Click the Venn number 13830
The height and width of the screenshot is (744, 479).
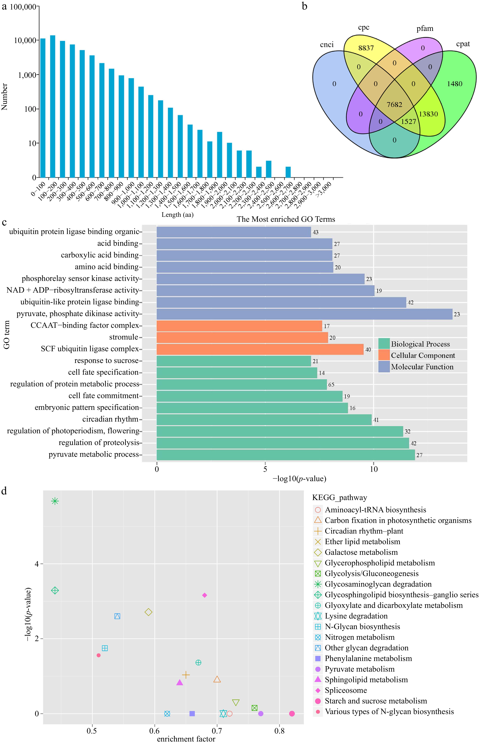point(428,114)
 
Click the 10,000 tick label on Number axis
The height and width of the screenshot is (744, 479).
point(25,40)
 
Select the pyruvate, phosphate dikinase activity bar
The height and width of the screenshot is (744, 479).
point(304,314)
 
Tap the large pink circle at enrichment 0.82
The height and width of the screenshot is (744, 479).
point(292,714)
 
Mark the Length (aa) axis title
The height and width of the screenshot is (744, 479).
point(177,215)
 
